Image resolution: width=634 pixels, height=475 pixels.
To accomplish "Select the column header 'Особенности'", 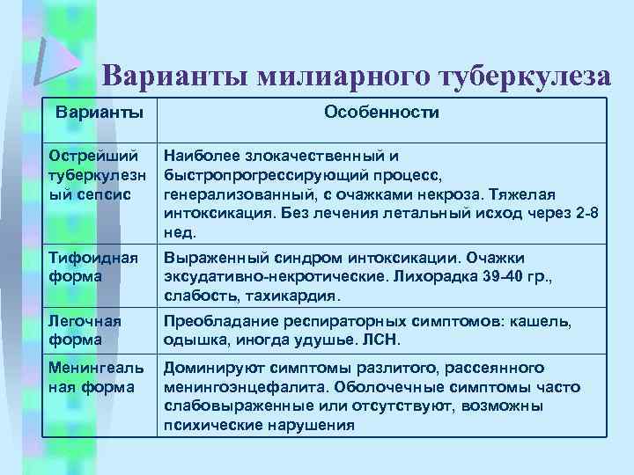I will point(381,113).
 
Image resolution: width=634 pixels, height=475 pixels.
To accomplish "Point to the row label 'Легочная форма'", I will point(84,330).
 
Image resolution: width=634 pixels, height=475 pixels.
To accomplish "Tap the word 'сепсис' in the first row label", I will point(105,193).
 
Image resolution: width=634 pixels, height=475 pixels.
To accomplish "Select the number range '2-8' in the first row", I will point(587,212).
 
